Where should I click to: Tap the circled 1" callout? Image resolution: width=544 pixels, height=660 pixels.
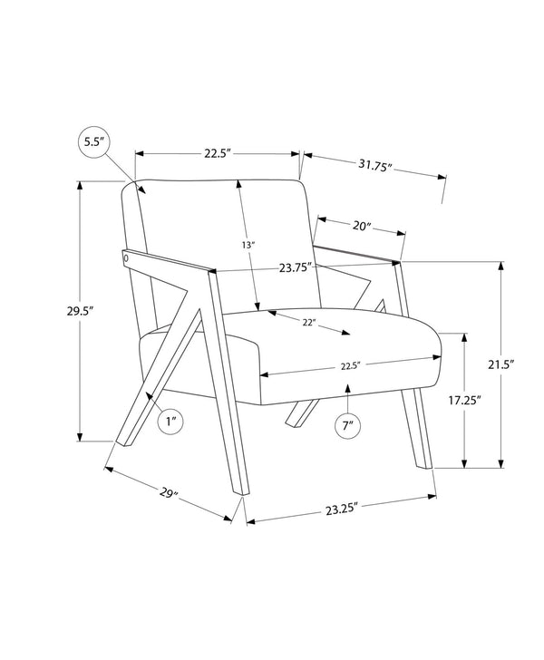(x=170, y=421)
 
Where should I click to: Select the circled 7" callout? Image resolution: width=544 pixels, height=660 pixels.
(x=348, y=425)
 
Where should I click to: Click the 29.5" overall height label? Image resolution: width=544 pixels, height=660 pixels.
(x=80, y=312)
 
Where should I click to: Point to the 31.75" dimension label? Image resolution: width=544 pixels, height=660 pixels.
(x=375, y=165)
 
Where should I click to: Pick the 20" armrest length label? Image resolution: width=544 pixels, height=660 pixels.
(x=362, y=226)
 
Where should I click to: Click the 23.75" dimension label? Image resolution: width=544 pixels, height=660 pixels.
(x=296, y=267)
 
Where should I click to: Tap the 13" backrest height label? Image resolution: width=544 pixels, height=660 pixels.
(x=248, y=245)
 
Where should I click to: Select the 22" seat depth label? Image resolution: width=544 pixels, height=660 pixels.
(x=309, y=323)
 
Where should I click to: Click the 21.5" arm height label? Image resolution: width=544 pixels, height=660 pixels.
(x=501, y=364)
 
